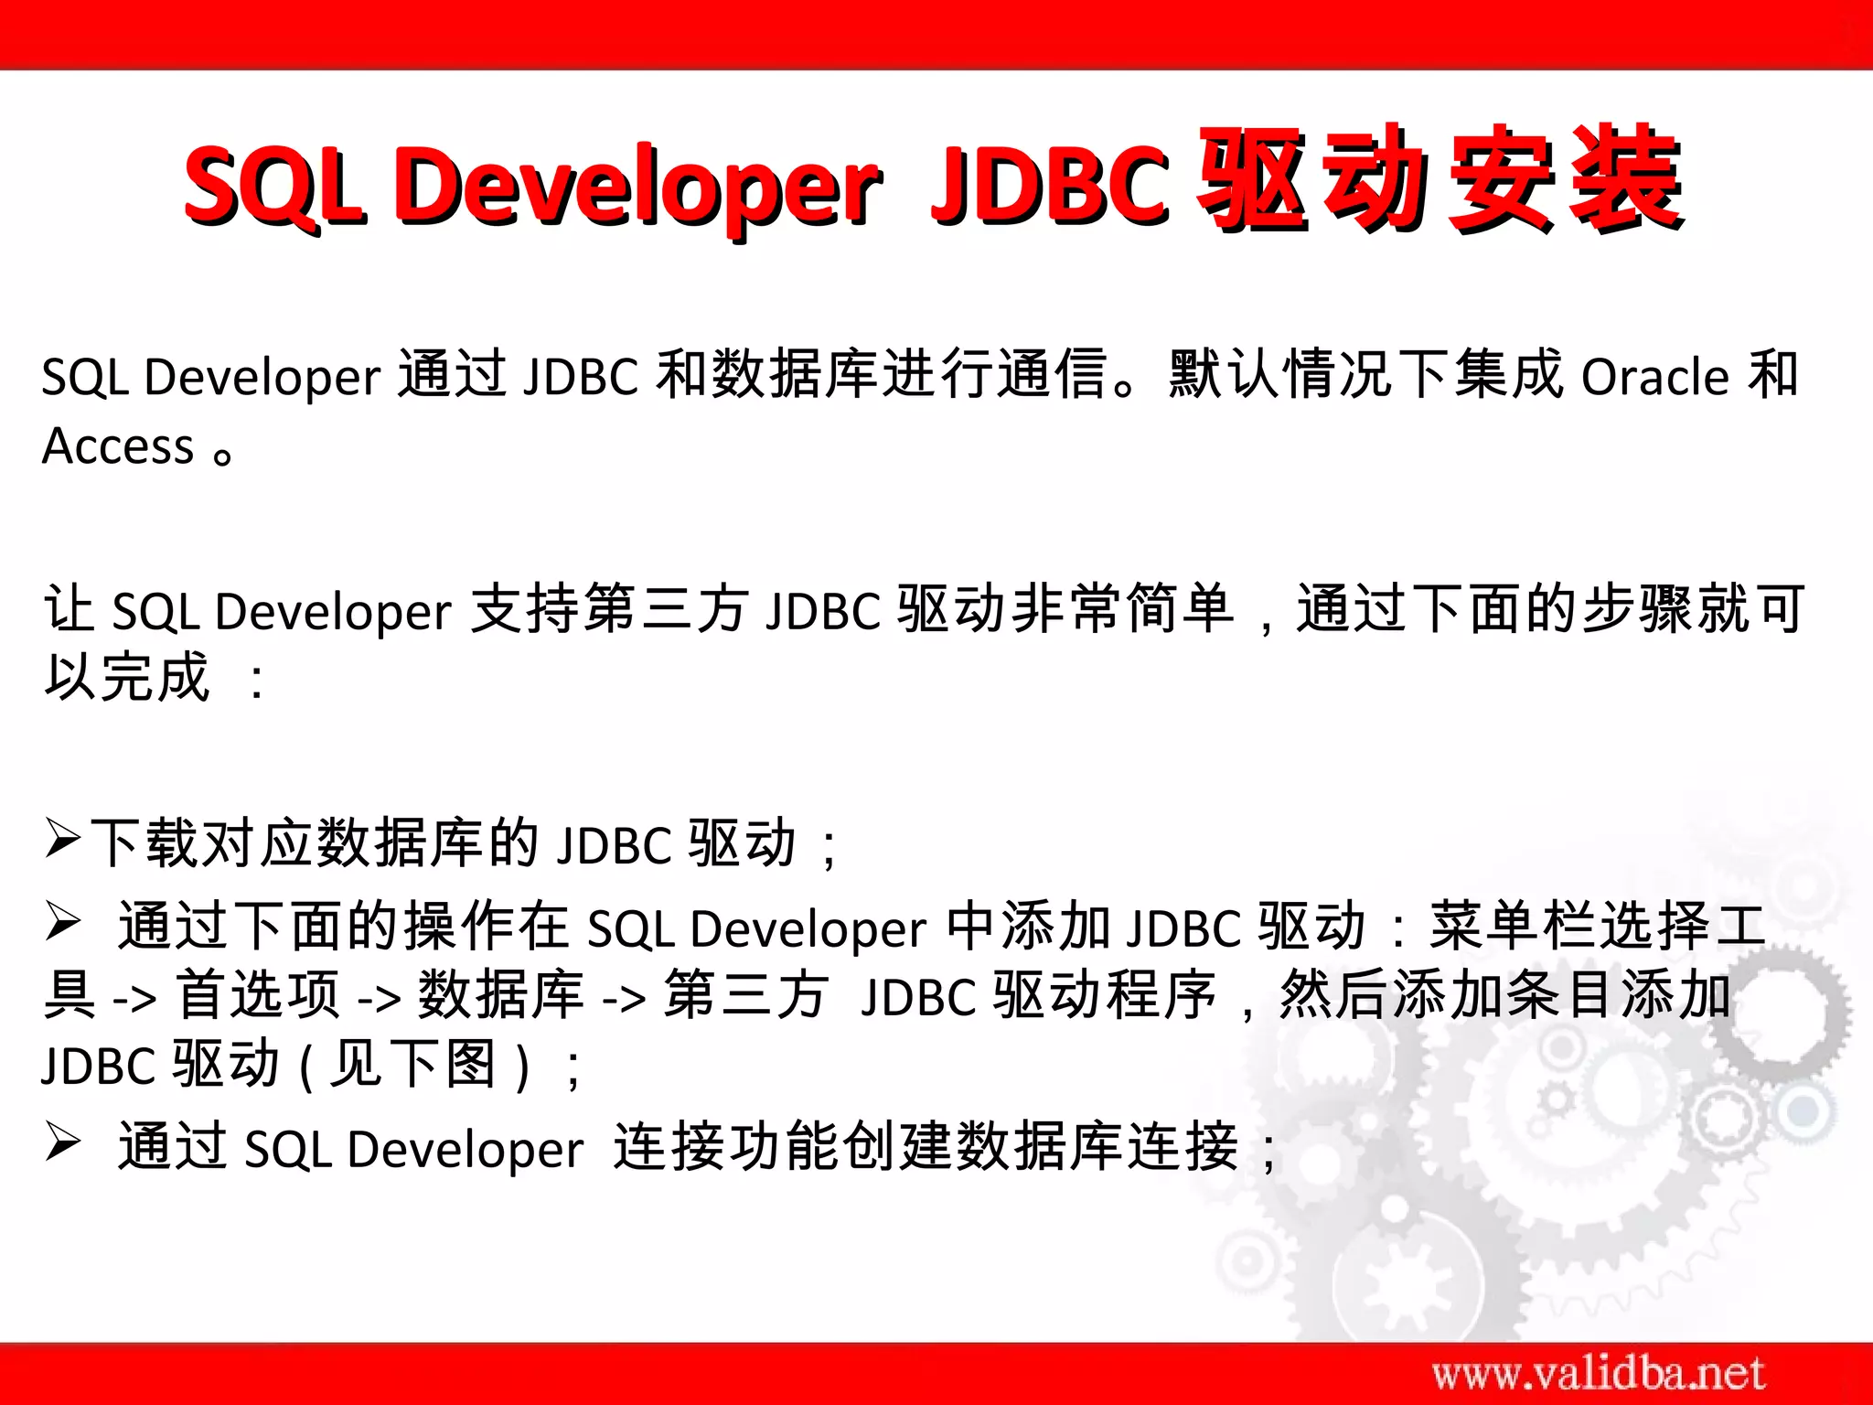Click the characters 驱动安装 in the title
pos(1440,178)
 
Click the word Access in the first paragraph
pos(119,446)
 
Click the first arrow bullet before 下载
pos(64,838)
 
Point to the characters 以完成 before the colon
pos(128,677)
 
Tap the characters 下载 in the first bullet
pos(146,842)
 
